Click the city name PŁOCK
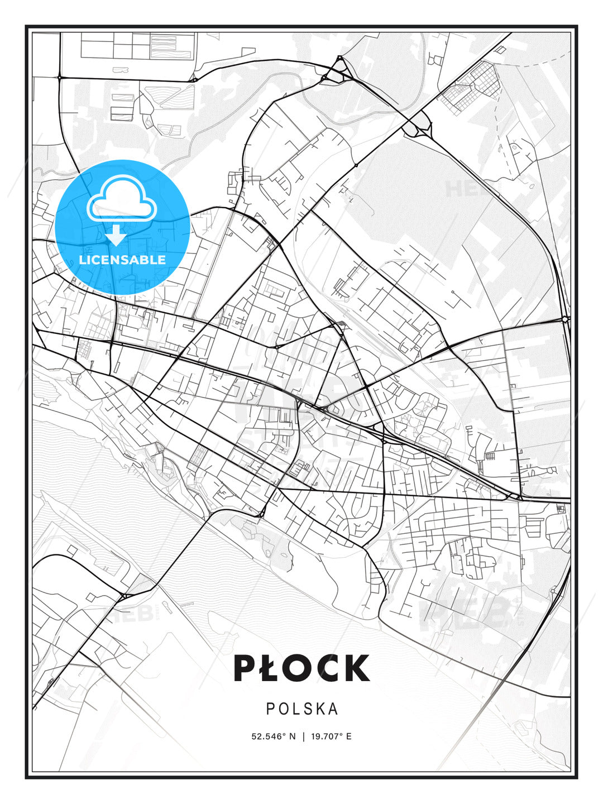[301, 668]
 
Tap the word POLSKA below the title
[302, 709]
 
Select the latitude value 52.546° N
[273, 736]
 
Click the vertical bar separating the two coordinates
[303, 736]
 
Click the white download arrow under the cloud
[116, 236]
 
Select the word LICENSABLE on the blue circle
[122, 260]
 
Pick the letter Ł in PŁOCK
[272, 668]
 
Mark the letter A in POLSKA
[333, 709]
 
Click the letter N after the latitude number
[291, 736]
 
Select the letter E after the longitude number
[348, 736]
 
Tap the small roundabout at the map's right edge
[565, 319]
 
